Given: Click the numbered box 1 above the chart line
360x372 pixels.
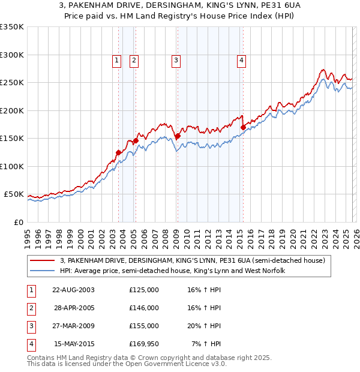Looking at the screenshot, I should tap(116, 60).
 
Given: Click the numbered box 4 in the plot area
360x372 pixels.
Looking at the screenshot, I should tap(241, 60).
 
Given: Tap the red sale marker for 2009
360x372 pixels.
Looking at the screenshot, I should tap(178, 137).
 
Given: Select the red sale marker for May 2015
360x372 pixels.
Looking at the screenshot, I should tap(243, 127).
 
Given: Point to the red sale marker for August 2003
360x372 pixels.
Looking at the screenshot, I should tap(118, 153).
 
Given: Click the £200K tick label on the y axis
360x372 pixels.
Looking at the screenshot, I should tap(11, 110).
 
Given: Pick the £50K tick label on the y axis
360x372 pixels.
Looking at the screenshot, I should tap(14, 194).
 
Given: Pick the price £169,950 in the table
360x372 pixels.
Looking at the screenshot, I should tap(144, 344).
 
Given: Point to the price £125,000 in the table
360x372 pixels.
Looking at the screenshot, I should tap(144, 290).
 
